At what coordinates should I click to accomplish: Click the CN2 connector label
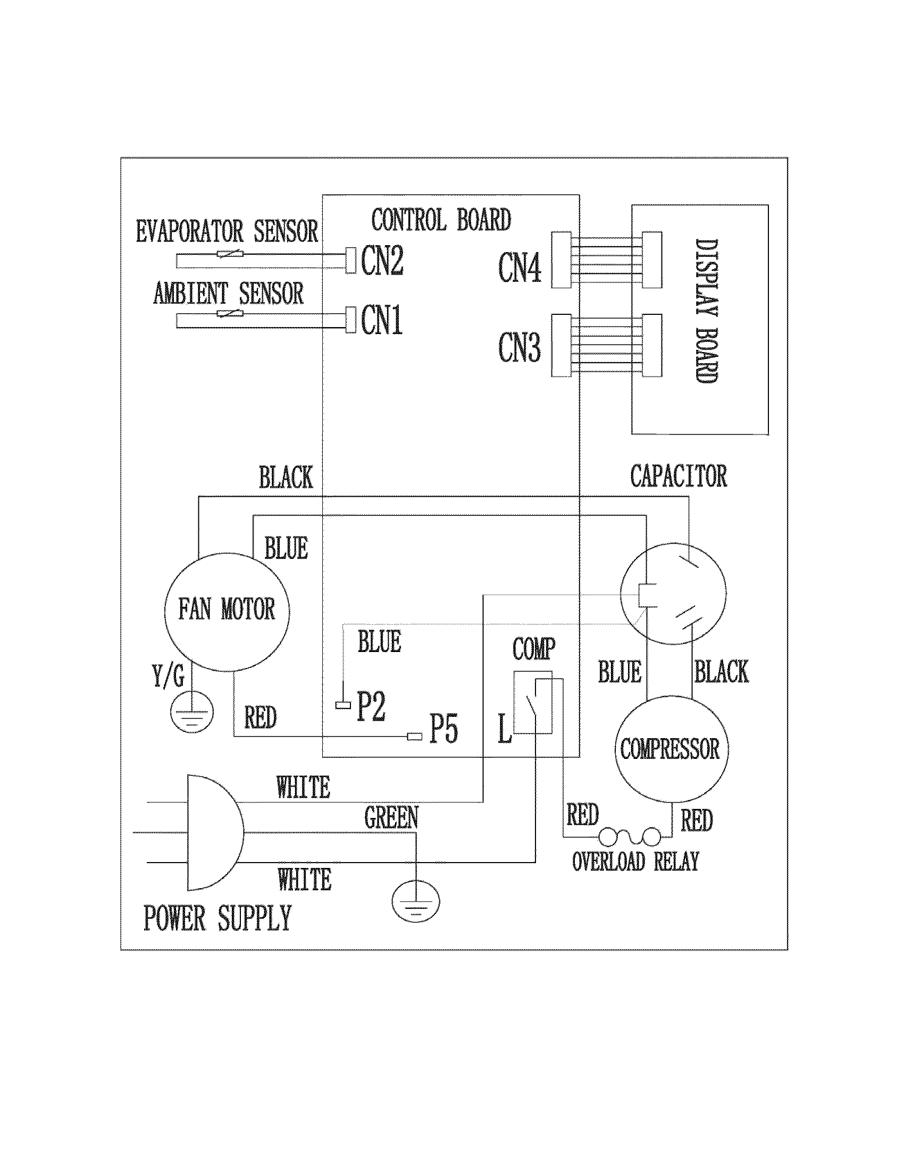pos(382,261)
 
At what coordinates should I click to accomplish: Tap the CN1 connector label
pos(381,320)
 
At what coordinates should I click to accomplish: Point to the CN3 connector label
pos(520,347)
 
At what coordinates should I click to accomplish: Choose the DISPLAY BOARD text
pos(707,310)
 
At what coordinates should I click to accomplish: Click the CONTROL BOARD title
pos(441,220)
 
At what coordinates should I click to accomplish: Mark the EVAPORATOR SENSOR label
pos(227,231)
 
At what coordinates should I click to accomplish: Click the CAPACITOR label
pos(678,477)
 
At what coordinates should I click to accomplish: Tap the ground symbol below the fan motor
pos(192,713)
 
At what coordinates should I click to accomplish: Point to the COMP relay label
pos(533,649)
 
